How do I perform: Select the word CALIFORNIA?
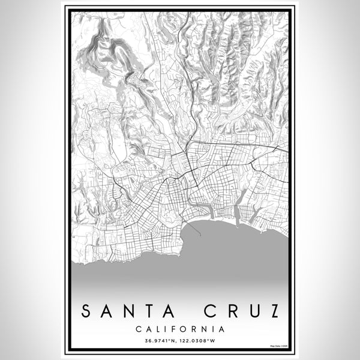pos(180,329)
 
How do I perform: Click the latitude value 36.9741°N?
pos(160,341)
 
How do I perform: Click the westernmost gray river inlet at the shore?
pos(211,212)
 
